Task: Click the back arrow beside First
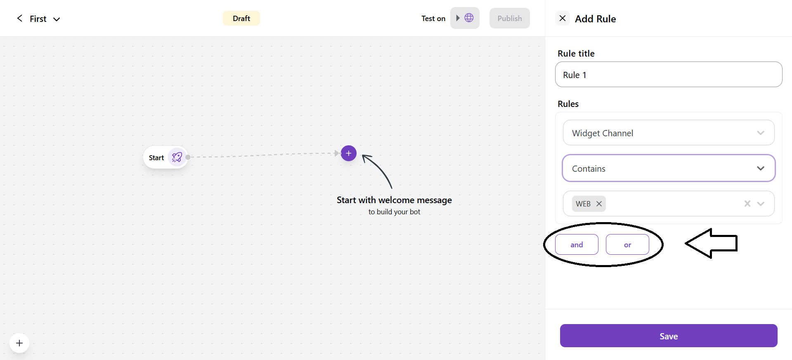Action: pyautogui.click(x=19, y=18)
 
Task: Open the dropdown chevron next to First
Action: pyautogui.click(x=57, y=19)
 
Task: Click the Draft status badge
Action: pyautogui.click(x=241, y=18)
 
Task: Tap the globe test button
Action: pyautogui.click(x=465, y=18)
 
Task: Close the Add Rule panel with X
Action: pyautogui.click(x=563, y=18)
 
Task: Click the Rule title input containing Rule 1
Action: pyautogui.click(x=669, y=74)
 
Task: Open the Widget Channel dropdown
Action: pyautogui.click(x=669, y=133)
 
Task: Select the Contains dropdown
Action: pyautogui.click(x=669, y=168)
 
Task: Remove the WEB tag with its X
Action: pyautogui.click(x=599, y=204)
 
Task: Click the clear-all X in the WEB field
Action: pyautogui.click(x=747, y=204)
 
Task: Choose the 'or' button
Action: pyautogui.click(x=627, y=244)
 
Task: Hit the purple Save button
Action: pyautogui.click(x=669, y=336)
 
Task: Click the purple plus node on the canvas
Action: pyautogui.click(x=349, y=153)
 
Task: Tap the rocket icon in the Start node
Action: pyautogui.click(x=177, y=157)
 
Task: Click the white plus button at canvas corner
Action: pyautogui.click(x=19, y=343)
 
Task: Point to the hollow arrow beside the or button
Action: pyautogui.click(x=711, y=244)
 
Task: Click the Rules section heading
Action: pyautogui.click(x=568, y=104)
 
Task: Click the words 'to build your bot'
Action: pyautogui.click(x=394, y=212)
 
